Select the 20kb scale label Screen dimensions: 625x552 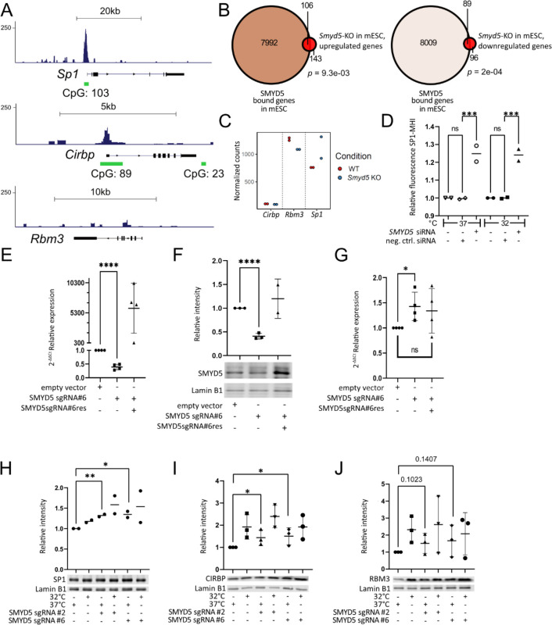pyautogui.click(x=109, y=8)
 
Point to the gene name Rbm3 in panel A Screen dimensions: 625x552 pyautogui.click(x=45, y=239)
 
